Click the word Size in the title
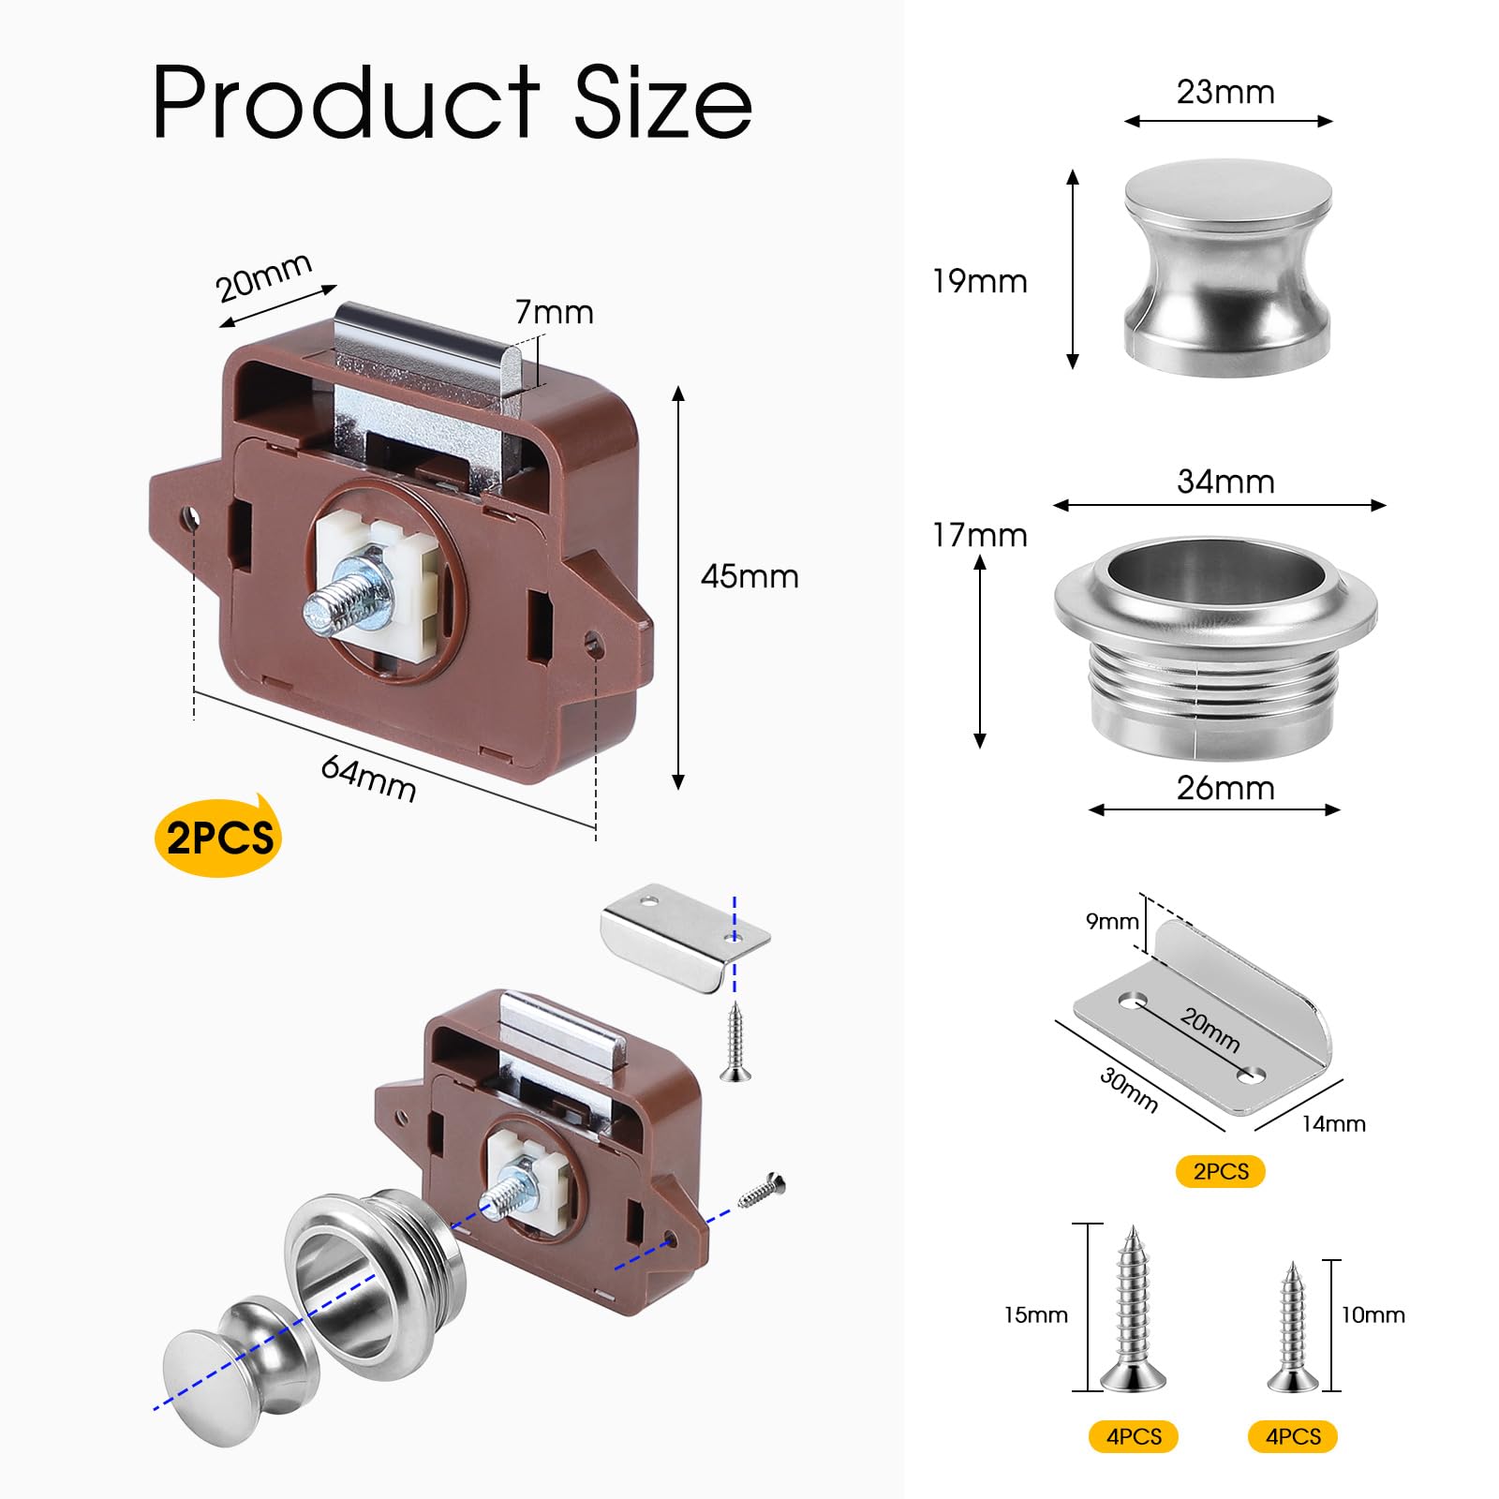click(x=662, y=102)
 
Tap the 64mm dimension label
click(x=368, y=779)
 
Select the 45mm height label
click(x=749, y=576)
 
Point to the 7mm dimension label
click(x=555, y=312)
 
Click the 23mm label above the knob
click(x=1225, y=92)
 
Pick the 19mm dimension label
click(x=980, y=281)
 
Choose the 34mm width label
click(x=1225, y=482)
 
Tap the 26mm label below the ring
click(x=1225, y=788)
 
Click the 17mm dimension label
click(x=980, y=535)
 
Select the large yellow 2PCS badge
click(x=218, y=837)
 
